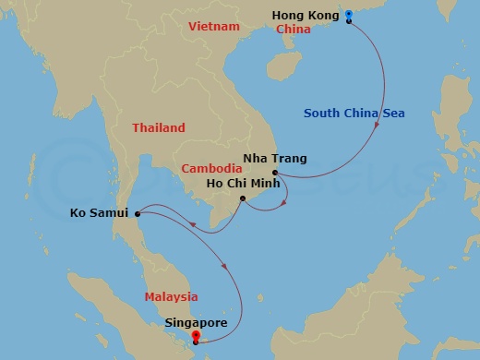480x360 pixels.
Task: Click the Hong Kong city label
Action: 304,16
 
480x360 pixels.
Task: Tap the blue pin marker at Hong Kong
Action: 348,16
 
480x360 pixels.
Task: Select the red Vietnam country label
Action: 213,27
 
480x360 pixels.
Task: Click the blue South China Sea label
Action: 354,114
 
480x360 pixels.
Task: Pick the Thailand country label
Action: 158,128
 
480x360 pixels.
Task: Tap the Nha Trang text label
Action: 275,159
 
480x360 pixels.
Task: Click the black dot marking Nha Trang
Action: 275,173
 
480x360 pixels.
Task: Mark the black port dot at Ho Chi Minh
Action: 242,198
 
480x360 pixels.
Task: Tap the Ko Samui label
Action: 99,214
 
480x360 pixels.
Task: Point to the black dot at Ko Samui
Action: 138,214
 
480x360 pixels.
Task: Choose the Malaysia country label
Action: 171,296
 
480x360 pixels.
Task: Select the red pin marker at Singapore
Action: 195,338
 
